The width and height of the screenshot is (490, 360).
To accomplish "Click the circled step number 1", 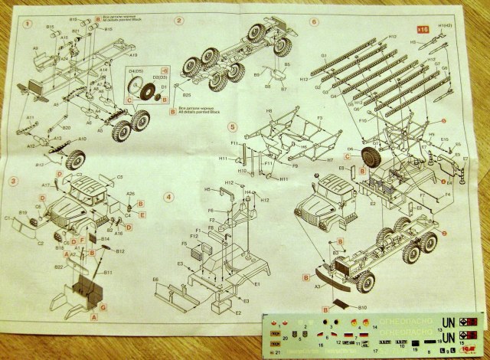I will click(x=28, y=25).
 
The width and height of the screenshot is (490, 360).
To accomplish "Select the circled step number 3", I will click(x=13, y=182).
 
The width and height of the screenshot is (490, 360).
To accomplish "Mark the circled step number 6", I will click(x=314, y=21).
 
